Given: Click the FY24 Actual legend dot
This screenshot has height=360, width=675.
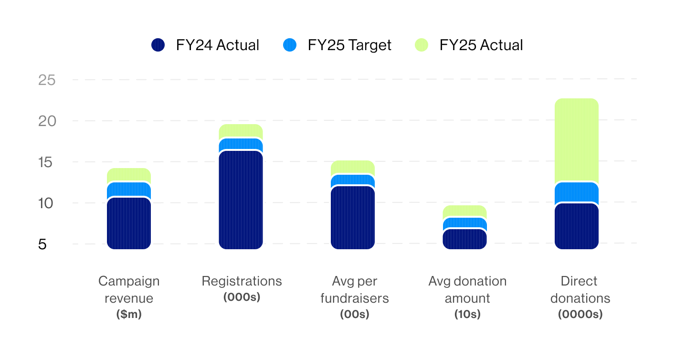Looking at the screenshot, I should [x=158, y=45].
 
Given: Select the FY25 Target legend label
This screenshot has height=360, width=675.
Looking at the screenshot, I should [x=349, y=45].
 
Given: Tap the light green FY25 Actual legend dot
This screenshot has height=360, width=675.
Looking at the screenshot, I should [x=422, y=45].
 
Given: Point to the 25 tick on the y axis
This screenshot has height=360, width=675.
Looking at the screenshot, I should [x=47, y=80].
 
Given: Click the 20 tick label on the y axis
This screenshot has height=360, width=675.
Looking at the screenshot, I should [x=47, y=121].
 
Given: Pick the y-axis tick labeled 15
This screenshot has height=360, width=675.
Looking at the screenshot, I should [x=47, y=162].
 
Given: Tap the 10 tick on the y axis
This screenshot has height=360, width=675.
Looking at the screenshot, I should [x=47, y=203].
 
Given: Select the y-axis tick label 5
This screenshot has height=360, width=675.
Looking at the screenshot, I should [x=42, y=244].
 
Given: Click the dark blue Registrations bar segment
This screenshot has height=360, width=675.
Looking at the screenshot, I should [x=241, y=200].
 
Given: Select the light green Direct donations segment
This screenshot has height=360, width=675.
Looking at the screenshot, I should [x=576, y=140].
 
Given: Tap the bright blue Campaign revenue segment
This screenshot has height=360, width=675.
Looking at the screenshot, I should [x=129, y=190].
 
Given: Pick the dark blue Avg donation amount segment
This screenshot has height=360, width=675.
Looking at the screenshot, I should [x=464, y=239].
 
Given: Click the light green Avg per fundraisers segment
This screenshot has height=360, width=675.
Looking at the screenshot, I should [x=352, y=167].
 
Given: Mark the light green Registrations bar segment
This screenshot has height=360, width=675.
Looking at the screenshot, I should [x=241, y=131].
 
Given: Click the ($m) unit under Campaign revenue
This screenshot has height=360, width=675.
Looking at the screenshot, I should [x=129, y=315].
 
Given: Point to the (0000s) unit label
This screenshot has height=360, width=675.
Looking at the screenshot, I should [x=580, y=315].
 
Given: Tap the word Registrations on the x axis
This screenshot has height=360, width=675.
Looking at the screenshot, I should [x=242, y=281].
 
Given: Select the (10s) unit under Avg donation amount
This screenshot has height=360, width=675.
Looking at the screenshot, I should [x=467, y=315].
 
